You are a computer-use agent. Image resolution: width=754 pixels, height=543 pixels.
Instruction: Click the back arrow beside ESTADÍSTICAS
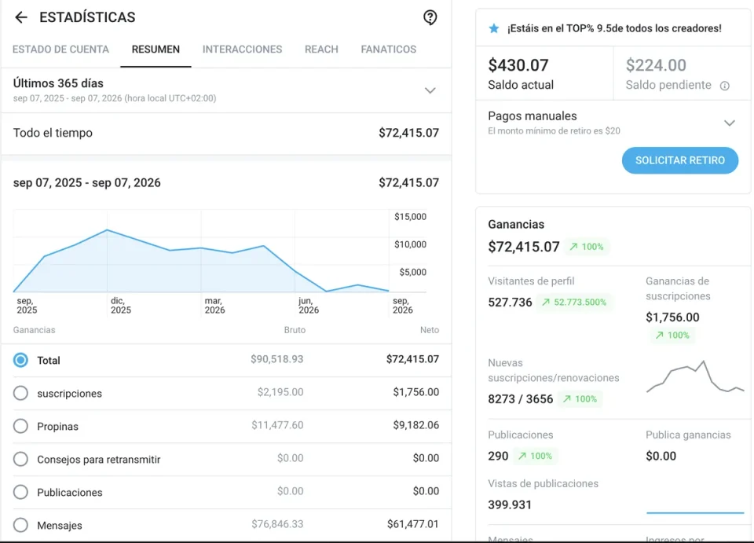(20, 17)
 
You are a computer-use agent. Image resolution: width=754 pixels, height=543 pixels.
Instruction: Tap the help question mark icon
(430, 17)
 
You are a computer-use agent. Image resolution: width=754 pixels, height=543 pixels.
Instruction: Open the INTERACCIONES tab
(243, 49)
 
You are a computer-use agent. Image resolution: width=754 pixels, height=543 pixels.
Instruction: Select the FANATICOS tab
(389, 49)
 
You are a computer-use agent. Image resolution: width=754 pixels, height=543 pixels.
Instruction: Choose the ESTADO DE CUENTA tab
(60, 49)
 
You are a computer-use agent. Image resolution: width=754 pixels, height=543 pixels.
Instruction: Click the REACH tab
(321, 49)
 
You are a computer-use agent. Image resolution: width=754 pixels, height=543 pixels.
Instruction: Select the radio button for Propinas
(20, 426)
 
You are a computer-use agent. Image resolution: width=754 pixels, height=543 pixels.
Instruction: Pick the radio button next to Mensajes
(20, 525)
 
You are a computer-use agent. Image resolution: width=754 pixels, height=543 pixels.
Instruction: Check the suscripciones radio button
(20, 393)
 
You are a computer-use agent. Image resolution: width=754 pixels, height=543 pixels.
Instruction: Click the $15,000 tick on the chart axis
(410, 216)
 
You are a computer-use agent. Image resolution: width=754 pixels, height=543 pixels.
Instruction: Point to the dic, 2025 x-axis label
(121, 306)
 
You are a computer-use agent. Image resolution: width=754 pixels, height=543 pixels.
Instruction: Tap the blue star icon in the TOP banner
(494, 28)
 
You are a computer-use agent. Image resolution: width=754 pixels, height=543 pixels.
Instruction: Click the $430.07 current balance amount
(518, 65)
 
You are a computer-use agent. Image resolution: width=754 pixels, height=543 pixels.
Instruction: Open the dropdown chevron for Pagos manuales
(730, 123)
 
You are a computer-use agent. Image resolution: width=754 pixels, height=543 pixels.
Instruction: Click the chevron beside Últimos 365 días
(430, 90)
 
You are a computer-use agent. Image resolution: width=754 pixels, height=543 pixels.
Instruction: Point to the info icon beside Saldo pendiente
(725, 86)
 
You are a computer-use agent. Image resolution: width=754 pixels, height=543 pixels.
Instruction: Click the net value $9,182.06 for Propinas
(416, 425)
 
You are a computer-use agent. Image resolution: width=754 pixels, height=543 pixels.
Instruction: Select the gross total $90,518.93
(277, 359)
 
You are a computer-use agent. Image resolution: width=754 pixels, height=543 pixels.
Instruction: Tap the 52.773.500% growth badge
(574, 302)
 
